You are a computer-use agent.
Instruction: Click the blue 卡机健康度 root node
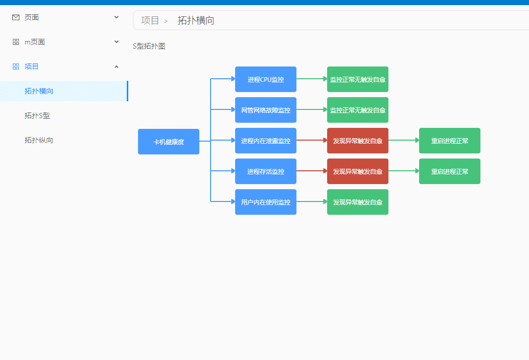169,142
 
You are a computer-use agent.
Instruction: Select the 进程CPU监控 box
266,79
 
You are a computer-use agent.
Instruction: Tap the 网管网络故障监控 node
266,110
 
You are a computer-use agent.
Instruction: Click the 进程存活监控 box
266,171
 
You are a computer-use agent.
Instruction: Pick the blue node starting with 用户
266,202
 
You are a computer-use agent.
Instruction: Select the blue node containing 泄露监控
266,141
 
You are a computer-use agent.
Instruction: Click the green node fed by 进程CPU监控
358,79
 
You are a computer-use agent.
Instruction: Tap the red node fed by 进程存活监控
358,171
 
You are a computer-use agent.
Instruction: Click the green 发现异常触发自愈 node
358,202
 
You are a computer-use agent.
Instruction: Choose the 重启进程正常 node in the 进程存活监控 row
450,171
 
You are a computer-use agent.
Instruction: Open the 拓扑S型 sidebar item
37,116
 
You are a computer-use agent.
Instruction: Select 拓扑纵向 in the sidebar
39,140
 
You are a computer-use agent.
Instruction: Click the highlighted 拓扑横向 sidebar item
39,91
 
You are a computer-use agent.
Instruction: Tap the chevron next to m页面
117,42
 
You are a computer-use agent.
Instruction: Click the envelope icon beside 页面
16,17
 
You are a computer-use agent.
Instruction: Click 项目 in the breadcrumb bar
150,20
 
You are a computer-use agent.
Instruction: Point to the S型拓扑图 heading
149,46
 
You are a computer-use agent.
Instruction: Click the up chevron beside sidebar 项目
117,66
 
